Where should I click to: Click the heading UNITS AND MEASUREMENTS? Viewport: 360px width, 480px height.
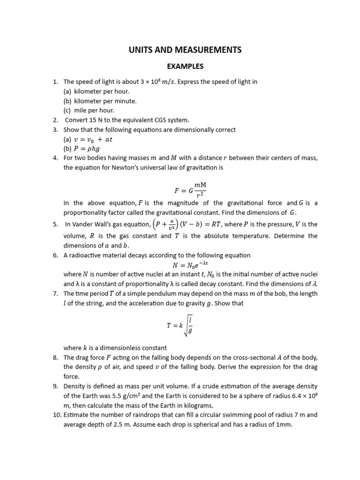(x=185, y=50)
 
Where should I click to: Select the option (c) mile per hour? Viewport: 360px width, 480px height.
(x=89, y=111)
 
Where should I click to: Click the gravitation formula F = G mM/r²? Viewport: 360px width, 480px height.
(x=190, y=190)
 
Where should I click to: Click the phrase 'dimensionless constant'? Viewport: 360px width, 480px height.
(x=135, y=348)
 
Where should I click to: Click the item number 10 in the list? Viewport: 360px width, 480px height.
(x=56, y=415)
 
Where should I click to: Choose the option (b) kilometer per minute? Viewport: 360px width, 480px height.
(x=100, y=101)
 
